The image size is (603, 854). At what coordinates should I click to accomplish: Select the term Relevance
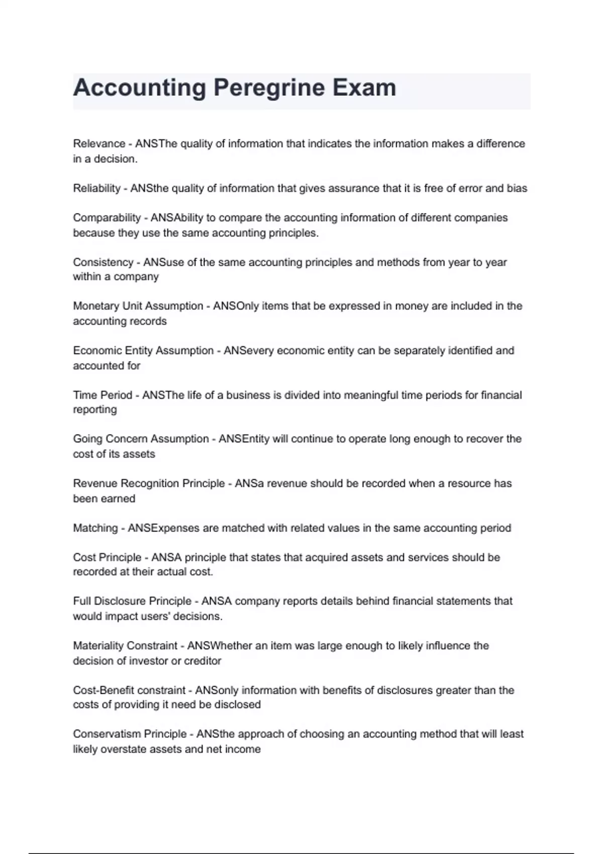(99, 144)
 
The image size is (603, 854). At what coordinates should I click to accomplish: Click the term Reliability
(96, 188)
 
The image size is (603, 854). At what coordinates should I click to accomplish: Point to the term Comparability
(107, 218)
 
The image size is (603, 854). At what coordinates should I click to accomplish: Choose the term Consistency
(103, 262)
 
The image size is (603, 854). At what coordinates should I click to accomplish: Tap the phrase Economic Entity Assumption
(143, 351)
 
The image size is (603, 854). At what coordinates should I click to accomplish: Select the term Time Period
(102, 395)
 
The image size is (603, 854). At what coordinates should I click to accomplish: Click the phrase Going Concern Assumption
(141, 439)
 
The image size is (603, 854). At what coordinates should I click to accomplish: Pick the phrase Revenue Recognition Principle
(149, 484)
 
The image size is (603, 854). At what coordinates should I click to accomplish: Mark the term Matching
(95, 528)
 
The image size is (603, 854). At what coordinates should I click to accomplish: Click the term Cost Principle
(107, 558)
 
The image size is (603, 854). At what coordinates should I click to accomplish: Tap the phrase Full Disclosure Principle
(132, 601)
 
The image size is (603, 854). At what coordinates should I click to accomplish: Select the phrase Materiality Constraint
(125, 646)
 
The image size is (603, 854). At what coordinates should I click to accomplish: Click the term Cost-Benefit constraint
(129, 690)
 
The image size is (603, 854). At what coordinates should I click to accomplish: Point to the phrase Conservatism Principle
(130, 734)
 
